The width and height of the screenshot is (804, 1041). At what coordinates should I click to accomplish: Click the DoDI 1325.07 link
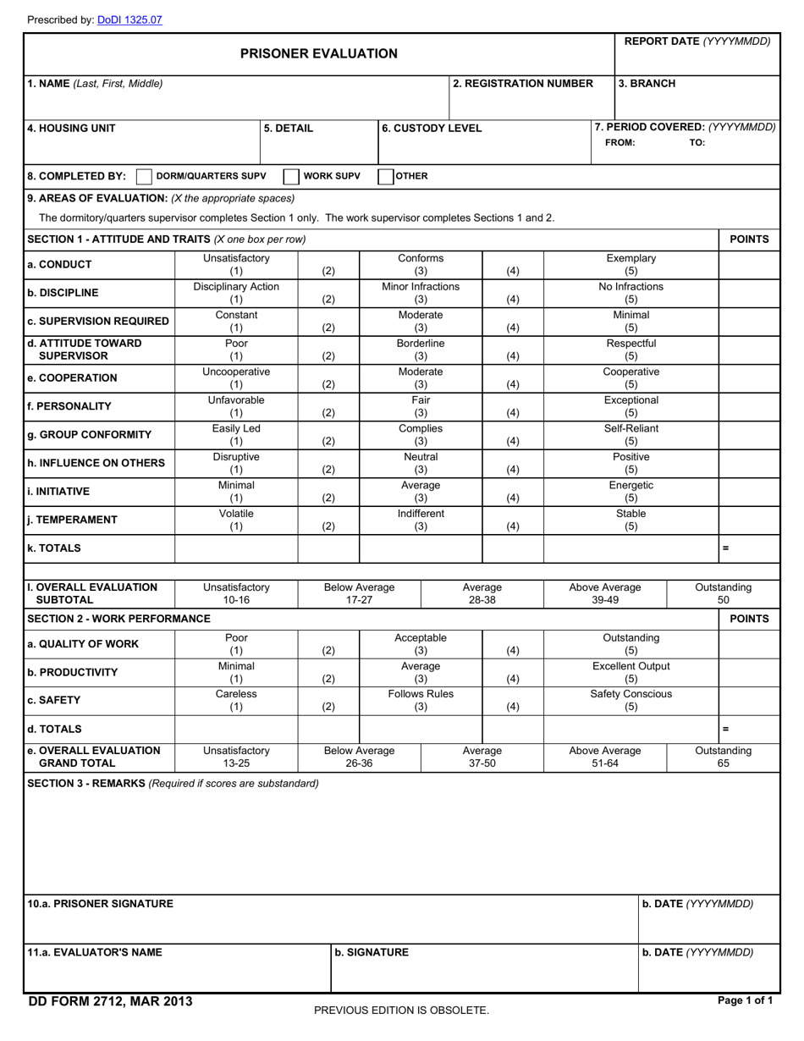coord(129,19)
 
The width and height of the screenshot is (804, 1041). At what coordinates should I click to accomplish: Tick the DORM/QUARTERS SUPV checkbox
coord(144,176)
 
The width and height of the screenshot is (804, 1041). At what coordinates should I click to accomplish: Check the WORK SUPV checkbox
coord(290,176)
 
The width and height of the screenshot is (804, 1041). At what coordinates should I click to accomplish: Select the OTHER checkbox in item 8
coord(385,176)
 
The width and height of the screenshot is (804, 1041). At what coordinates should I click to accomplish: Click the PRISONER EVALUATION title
coord(319,54)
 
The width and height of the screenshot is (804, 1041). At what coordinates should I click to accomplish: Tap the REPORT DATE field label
coord(697,41)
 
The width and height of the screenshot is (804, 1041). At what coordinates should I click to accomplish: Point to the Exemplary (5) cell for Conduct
coord(631,265)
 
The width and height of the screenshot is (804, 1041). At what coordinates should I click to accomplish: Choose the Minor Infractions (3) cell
coord(421,293)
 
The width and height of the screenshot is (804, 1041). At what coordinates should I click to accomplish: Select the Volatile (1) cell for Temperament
coord(236,520)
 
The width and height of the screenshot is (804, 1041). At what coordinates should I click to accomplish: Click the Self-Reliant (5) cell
coord(631,435)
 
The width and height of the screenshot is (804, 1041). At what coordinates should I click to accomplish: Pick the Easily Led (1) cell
coord(236,435)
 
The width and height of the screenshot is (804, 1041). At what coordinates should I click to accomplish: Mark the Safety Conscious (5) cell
coord(631,701)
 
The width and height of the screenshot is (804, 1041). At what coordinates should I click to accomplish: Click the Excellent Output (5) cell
coord(631,673)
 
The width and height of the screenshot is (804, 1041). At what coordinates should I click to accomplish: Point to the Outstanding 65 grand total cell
coord(723,757)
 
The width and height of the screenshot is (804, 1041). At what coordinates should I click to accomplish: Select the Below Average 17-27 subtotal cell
coord(360,593)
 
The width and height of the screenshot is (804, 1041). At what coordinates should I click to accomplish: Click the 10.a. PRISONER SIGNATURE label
coord(101,904)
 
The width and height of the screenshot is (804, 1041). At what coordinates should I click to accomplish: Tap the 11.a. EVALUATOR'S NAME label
coord(95,952)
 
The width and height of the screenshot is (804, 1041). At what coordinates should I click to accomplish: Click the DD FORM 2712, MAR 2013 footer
coord(110,1002)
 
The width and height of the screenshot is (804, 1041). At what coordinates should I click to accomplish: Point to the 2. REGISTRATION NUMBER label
coord(523,84)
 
